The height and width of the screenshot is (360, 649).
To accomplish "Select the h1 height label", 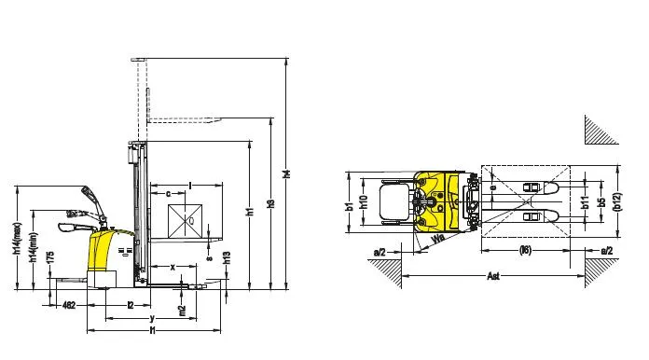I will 250,213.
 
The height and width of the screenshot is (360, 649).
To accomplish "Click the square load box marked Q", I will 187,220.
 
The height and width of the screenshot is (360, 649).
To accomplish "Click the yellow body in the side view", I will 102,251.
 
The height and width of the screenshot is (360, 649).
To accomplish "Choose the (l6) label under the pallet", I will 527,250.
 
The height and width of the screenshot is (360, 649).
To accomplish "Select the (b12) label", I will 618,201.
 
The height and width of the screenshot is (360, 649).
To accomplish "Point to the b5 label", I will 603,201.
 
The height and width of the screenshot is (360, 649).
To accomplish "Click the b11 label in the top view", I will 585,201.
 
